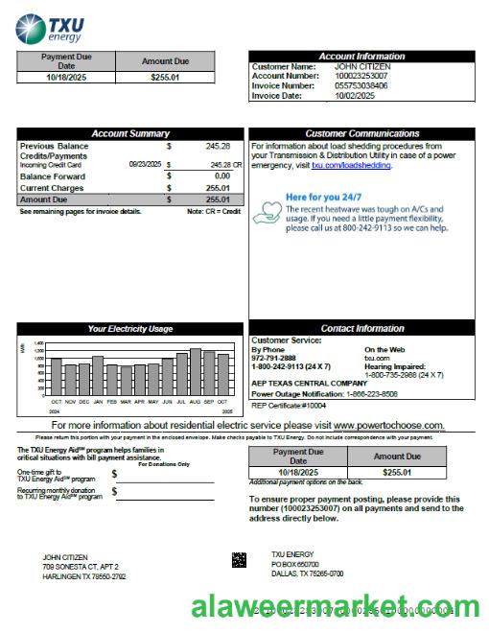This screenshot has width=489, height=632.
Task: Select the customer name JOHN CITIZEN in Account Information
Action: pyautogui.click(x=361, y=66)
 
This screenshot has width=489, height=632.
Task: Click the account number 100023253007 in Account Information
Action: pyautogui.click(x=361, y=76)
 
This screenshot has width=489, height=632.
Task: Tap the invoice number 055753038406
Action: pyautogui.click(x=361, y=85)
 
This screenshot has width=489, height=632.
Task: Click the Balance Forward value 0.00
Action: pyautogui.click(x=221, y=176)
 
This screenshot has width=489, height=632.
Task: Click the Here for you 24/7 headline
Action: pyautogui.click(x=325, y=198)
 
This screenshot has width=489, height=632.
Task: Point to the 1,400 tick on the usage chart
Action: pyautogui.click(x=39, y=343)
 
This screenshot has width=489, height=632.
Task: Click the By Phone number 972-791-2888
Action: pyautogui.click(x=274, y=358)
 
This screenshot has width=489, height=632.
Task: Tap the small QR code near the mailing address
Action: pyautogui.click(x=239, y=559)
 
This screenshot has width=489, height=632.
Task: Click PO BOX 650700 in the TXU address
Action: pyautogui.click(x=294, y=565)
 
